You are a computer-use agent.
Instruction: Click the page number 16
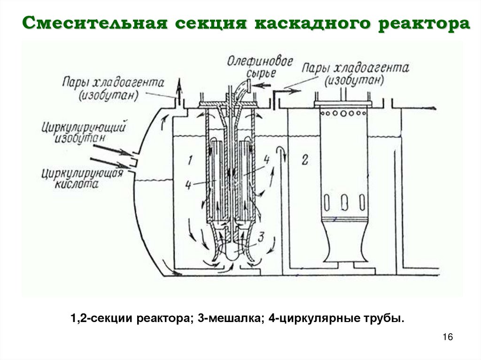(447, 337)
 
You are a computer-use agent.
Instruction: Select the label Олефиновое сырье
(260, 67)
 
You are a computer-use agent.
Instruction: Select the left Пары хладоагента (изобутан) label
(113, 88)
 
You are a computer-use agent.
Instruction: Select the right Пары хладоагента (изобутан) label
(356, 73)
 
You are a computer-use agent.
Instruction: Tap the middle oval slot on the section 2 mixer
(343, 202)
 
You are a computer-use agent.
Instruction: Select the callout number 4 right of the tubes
(267, 160)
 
